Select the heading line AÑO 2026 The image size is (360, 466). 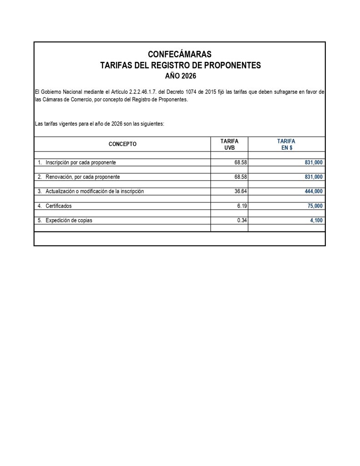(180, 76)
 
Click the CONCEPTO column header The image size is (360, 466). (122, 144)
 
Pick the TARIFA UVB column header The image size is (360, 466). (229, 145)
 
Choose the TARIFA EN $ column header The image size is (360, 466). (286, 145)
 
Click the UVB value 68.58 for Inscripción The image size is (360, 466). (240, 162)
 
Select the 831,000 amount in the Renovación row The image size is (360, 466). (314, 177)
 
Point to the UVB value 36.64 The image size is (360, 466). (240, 192)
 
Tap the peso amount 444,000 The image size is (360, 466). (314, 192)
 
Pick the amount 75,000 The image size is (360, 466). (315, 206)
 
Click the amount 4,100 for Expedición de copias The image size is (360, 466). (316, 221)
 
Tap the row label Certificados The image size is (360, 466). (58, 206)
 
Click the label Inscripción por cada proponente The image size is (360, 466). (81, 162)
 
